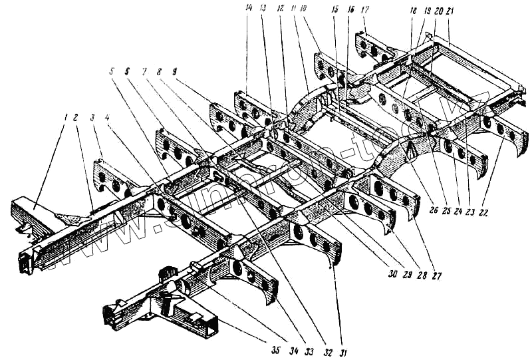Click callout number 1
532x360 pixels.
click(x=66, y=118)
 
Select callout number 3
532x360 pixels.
click(x=93, y=118)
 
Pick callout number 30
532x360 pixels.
click(x=391, y=274)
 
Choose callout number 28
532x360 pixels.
click(x=422, y=274)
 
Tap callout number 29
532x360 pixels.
click(x=406, y=274)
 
